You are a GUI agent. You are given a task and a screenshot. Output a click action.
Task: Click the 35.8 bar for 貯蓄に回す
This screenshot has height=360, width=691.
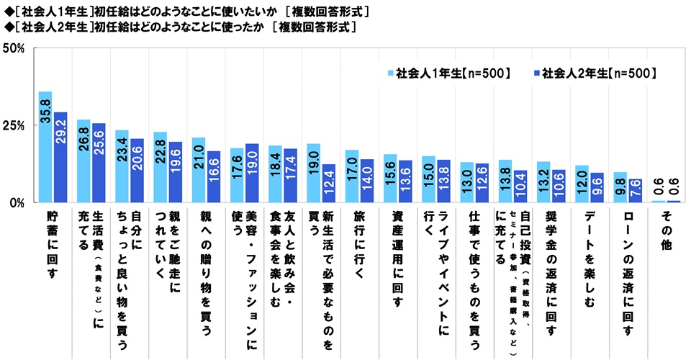[x=45, y=148]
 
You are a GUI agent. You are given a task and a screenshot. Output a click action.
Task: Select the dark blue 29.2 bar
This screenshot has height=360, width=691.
[x=60, y=158]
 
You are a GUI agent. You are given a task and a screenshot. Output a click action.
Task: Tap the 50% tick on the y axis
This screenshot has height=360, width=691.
[x=14, y=49]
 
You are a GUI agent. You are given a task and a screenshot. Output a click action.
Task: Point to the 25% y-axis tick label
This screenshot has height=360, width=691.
[x=14, y=126]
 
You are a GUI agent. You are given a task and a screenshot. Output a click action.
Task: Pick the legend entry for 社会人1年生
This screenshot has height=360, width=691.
[x=450, y=73]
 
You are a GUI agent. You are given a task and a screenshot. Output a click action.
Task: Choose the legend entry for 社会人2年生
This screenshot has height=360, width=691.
[x=594, y=73]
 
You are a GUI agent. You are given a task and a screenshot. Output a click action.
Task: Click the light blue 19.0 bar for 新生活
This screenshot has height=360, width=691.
[x=313, y=174]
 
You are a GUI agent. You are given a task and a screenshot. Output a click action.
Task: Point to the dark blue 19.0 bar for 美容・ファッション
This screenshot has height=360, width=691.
[x=252, y=174]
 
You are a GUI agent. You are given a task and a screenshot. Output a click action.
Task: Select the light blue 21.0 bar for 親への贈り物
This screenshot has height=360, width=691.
[x=198, y=171]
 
